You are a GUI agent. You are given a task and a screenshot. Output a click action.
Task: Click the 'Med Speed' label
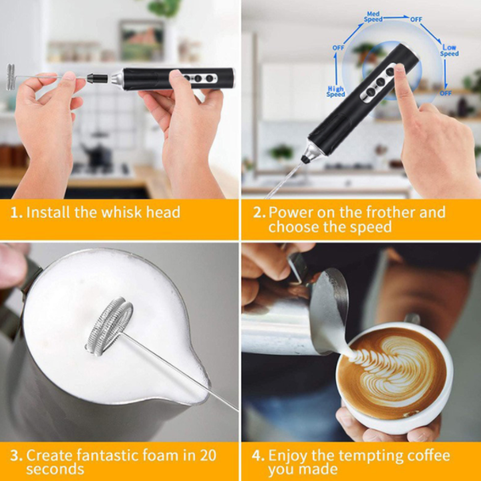click(373, 17)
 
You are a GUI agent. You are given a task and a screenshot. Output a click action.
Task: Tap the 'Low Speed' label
click(450, 50)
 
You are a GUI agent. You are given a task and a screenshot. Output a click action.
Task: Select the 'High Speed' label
click(335, 92)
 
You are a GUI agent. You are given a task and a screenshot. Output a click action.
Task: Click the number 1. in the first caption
click(17, 212)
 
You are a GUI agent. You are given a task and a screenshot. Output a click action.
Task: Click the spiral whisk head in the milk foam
click(109, 326)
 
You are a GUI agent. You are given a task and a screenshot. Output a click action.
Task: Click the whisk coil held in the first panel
click(11, 77)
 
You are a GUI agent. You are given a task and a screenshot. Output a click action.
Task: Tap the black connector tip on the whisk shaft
click(97, 79)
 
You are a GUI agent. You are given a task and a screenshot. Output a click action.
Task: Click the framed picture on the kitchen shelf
click(142, 40)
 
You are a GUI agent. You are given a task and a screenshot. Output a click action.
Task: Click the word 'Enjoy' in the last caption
click(287, 456)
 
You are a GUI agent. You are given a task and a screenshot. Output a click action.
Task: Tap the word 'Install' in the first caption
click(48, 212)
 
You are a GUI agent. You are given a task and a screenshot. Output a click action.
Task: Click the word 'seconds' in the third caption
click(55, 470)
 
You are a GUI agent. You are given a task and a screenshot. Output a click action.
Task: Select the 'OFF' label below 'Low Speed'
click(446, 93)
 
